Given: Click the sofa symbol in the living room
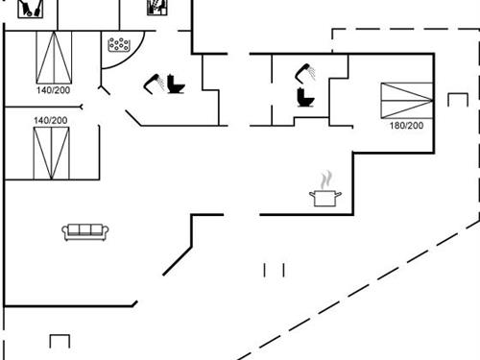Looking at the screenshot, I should click(x=85, y=231).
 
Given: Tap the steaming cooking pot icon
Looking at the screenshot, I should click(x=325, y=197).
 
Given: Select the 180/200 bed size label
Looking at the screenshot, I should click(x=405, y=125).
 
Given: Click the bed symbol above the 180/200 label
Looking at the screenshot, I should click(x=406, y=100).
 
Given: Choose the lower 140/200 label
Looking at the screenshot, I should click(x=51, y=120).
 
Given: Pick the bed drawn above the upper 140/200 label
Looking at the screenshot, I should click(x=55, y=58).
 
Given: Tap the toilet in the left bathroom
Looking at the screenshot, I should click(x=175, y=84).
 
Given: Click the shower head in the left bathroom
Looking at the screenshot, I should click(x=153, y=81).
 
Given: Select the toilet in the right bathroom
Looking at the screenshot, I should click(x=305, y=98).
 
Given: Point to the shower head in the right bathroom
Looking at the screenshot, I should click(x=303, y=69).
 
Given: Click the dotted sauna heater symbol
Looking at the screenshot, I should click(x=120, y=44).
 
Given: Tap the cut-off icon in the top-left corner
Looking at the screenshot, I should click(x=30, y=8).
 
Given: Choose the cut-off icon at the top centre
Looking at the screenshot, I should click(x=156, y=7).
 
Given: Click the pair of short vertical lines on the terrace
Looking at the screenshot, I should click(x=275, y=270).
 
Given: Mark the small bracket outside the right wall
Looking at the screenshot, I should click(x=457, y=99).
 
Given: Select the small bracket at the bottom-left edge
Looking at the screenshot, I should click(x=60, y=341).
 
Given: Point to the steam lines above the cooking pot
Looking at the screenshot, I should click(x=326, y=180).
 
